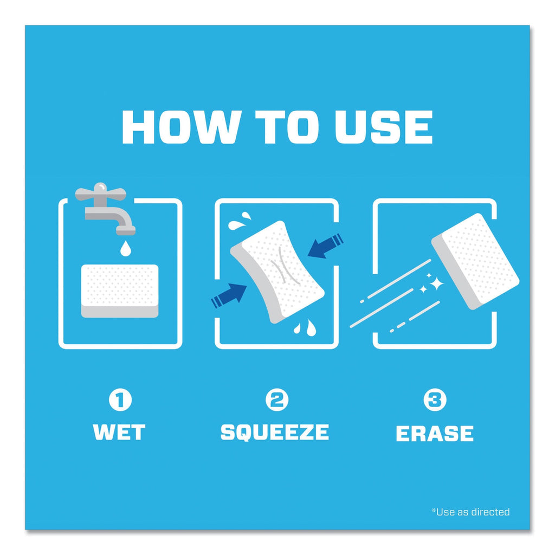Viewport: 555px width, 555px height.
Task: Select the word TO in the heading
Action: (x=287, y=127)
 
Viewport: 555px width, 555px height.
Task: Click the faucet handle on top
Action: (x=100, y=193)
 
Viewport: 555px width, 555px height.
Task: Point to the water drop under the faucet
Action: (x=126, y=248)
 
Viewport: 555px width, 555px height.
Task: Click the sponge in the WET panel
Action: (x=120, y=291)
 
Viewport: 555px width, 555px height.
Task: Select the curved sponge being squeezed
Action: (x=277, y=272)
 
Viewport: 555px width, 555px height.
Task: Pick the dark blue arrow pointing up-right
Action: (x=229, y=295)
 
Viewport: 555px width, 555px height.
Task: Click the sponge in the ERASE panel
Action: (x=475, y=261)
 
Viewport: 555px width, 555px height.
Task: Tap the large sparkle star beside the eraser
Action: (x=436, y=283)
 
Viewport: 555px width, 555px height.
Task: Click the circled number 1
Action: (x=120, y=400)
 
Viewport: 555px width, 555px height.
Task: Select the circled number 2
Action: (x=277, y=400)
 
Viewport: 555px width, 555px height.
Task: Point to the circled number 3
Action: (x=435, y=400)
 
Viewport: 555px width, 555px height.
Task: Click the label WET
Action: (x=119, y=432)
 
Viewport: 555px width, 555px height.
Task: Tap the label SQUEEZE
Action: (x=275, y=432)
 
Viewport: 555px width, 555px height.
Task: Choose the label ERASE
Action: (x=435, y=433)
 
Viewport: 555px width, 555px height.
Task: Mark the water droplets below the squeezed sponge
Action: (x=305, y=327)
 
